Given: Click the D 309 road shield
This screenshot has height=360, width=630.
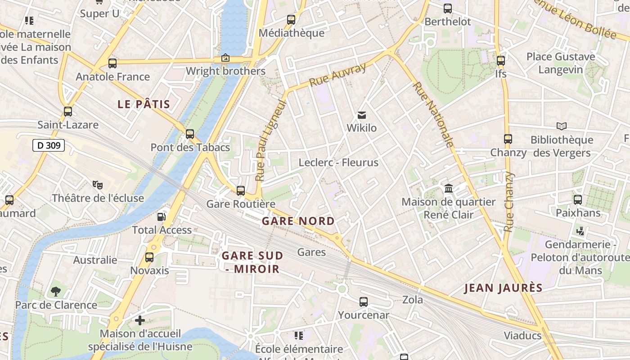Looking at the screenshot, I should pos(49,145).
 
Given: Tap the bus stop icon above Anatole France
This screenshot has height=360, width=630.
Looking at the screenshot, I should pos(112,63).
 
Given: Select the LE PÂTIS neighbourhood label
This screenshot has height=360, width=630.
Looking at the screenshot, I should pos(144,104).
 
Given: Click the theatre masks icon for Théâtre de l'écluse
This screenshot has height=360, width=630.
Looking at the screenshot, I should pos(97,184).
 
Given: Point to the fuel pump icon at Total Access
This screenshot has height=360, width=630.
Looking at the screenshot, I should pos(161,217).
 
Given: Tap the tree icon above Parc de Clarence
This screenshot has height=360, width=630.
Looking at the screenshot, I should pos(56,292).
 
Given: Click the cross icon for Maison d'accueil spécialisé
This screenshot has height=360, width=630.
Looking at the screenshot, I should pos(140,320).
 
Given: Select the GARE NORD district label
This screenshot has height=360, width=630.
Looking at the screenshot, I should pos(298,221).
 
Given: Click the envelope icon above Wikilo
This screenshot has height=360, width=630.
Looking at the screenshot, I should pos(362,115).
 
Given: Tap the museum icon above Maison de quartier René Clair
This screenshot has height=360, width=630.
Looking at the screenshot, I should pos(449,189).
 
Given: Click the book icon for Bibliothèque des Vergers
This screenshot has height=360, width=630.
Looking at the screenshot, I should pos(562,126).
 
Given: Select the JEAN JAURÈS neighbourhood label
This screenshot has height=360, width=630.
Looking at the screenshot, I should pos(503,288).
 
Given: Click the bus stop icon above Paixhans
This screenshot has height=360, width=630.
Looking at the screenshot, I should pos(578,199).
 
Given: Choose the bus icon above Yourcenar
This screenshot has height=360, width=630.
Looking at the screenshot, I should pos(364,302).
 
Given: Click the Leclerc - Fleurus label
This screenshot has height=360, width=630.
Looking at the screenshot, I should pos(338,162).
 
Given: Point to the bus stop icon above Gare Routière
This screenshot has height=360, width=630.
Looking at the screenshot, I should pos(241,191).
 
